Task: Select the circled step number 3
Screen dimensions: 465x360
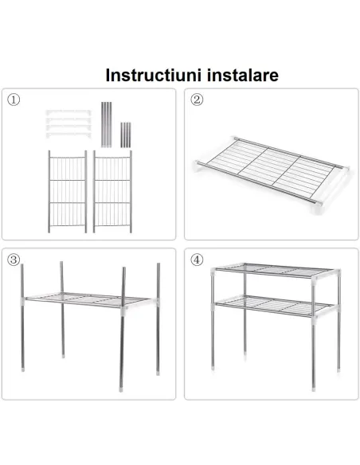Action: pyautogui.click(x=14, y=260)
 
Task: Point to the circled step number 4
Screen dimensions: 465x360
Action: pyautogui.click(x=197, y=260)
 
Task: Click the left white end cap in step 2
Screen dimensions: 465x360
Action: pyautogui.click(x=198, y=166)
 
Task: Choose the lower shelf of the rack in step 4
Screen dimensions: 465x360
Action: pyautogui.click(x=267, y=304)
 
